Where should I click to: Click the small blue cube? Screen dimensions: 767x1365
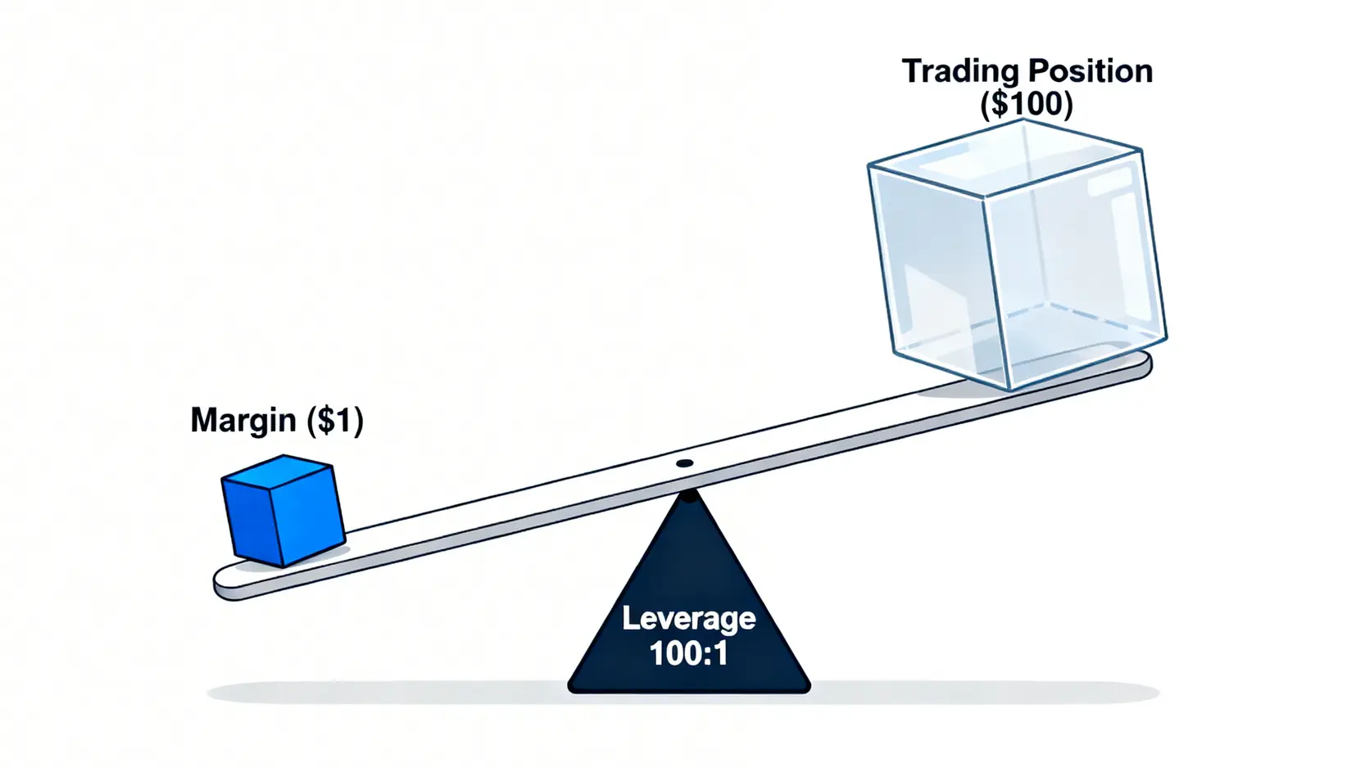(x=283, y=511)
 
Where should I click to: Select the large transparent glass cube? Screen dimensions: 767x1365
(x=1016, y=254)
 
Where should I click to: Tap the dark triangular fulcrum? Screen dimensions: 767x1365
(x=688, y=606)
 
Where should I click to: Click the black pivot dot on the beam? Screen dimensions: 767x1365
(x=684, y=464)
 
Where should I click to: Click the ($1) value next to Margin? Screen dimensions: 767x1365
(x=335, y=420)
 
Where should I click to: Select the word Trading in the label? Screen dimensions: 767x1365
(x=959, y=71)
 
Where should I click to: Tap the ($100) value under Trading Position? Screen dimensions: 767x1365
(x=1027, y=104)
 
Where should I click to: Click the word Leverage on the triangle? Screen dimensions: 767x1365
(x=688, y=618)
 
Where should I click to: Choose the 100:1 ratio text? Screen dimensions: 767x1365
(x=688, y=653)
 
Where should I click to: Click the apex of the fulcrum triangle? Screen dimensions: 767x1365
(x=690, y=496)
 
